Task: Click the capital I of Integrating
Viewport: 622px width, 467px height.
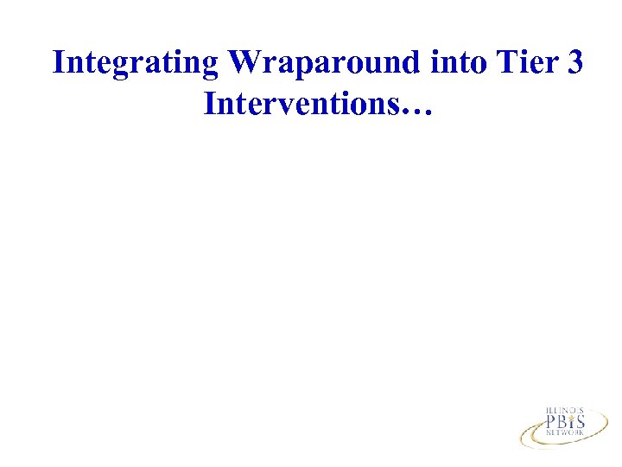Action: (59, 63)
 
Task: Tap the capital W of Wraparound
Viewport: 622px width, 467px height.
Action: (243, 63)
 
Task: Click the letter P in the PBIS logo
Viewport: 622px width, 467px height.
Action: (549, 423)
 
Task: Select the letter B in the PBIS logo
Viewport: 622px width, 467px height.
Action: (562, 423)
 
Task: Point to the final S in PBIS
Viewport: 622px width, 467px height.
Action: (580, 423)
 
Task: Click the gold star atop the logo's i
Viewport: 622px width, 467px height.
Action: (571, 415)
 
